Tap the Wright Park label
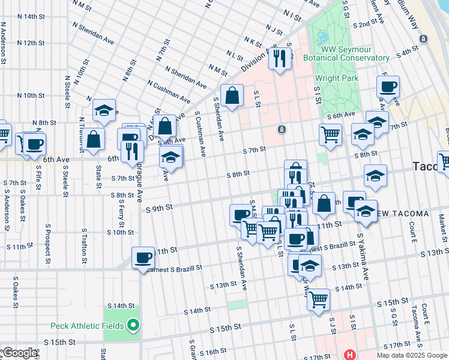(337, 78)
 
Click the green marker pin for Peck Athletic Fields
(134, 326)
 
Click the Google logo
(19, 353)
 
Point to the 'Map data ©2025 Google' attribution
(412, 355)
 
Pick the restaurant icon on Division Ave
(280, 58)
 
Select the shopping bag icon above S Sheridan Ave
(232, 95)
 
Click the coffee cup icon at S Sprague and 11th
(143, 257)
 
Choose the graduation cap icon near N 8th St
(104, 110)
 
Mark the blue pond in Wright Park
(324, 38)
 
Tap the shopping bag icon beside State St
(94, 140)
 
